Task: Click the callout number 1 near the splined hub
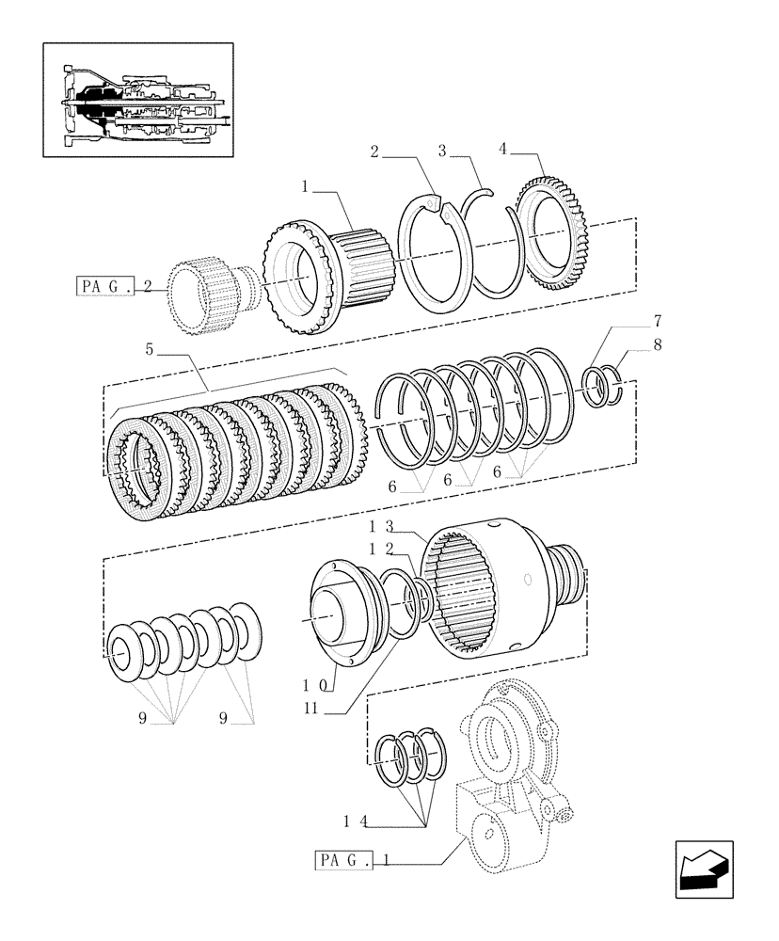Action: [x=306, y=188]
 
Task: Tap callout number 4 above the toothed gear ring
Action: [x=503, y=148]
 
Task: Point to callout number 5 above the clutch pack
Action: [x=150, y=348]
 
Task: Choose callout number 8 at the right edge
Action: [x=658, y=344]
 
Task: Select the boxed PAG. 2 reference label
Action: [x=113, y=286]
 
